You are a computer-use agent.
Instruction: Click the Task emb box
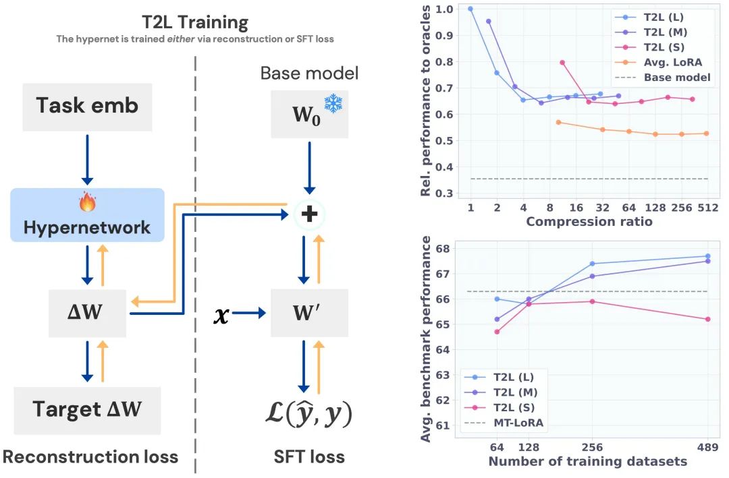87,106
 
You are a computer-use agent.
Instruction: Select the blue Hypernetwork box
87,215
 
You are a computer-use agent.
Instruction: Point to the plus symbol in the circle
308,215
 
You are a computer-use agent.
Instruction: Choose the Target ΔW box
87,410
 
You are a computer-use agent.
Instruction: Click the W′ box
309,313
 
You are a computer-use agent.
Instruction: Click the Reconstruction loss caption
90,457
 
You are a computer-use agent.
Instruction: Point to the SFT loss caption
308,457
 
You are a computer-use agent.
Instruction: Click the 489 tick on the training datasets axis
707,446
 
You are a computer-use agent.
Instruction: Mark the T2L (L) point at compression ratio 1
470,9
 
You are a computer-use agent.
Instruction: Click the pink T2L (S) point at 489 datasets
707,319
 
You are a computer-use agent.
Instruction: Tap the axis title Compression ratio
589,222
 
